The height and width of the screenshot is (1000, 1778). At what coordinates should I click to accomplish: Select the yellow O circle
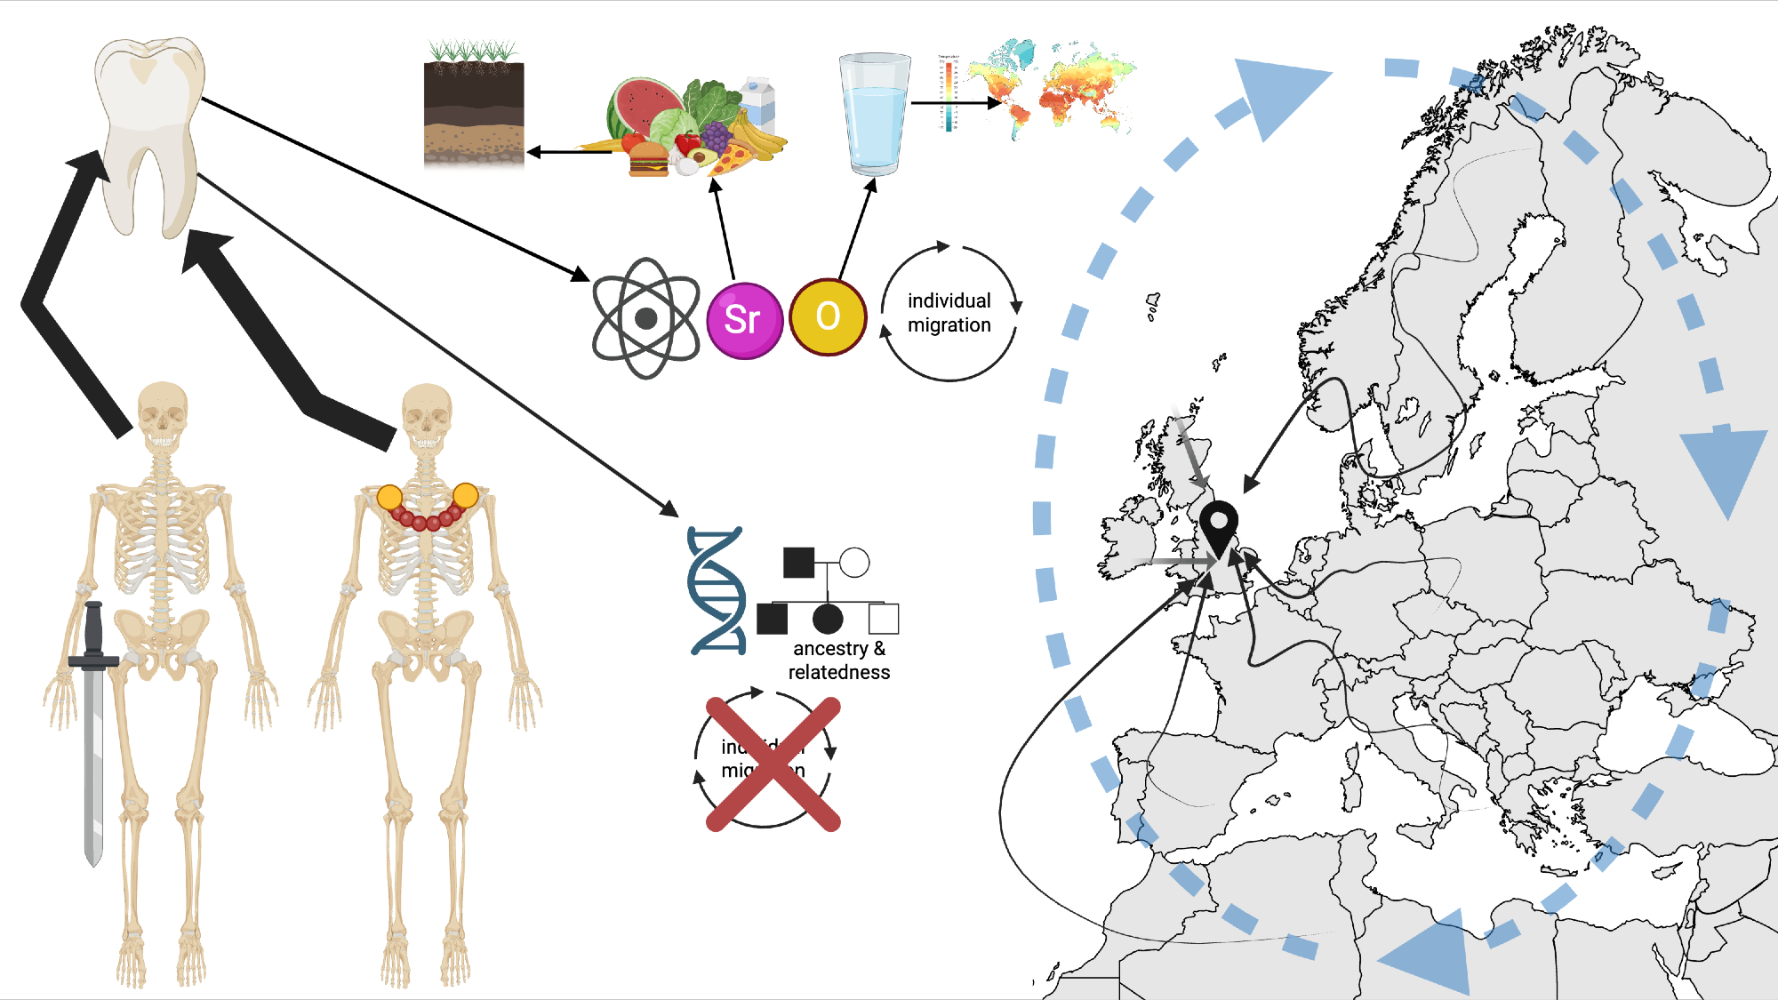click(828, 316)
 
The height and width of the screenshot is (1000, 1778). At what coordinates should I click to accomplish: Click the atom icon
click(646, 318)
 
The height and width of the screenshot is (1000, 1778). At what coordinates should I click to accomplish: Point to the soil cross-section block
click(474, 111)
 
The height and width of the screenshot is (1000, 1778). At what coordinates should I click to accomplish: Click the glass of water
click(875, 114)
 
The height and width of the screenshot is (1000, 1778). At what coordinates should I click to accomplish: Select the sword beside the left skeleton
click(93, 729)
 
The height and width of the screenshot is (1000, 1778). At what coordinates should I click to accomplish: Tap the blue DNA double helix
click(717, 591)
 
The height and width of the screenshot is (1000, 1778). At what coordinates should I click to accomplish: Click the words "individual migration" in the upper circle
click(949, 313)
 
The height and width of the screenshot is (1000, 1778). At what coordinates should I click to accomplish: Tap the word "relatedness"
click(838, 673)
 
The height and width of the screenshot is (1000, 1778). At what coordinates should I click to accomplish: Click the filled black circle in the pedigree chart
click(828, 619)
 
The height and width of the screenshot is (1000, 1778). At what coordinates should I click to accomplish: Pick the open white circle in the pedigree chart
click(854, 563)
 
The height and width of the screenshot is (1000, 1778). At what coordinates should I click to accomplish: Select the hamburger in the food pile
click(648, 161)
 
